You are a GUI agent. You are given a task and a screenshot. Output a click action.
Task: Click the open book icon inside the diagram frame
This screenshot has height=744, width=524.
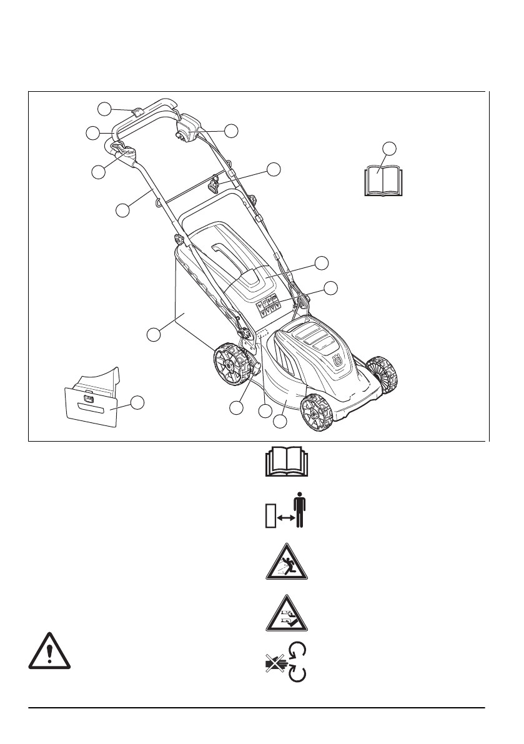pos(381,181)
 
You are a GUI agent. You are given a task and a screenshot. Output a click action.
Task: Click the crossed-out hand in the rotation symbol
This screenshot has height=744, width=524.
pos(272,665)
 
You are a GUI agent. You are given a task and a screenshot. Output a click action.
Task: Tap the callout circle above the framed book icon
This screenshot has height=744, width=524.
pos(389,147)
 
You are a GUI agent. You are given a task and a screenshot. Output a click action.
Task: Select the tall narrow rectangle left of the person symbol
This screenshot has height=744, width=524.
pos(270,518)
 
